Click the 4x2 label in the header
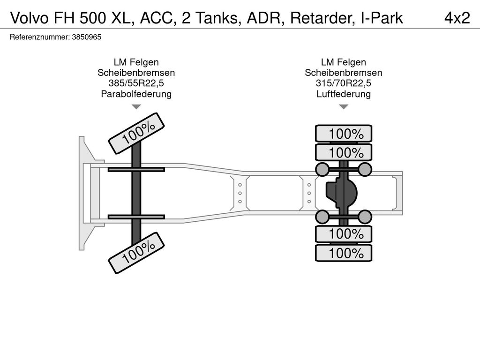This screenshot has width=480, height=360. pyautogui.click(x=457, y=18)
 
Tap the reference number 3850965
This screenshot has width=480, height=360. pyautogui.click(x=87, y=37)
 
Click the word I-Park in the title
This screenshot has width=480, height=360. pyautogui.click(x=382, y=18)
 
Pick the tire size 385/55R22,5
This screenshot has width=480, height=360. pyautogui.click(x=136, y=83)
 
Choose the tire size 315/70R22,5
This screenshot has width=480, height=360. pyautogui.click(x=344, y=83)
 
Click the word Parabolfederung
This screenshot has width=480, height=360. pyautogui.click(x=136, y=94)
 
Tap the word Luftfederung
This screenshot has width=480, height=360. pyautogui.click(x=344, y=94)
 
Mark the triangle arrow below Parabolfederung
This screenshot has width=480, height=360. pyautogui.click(x=136, y=106)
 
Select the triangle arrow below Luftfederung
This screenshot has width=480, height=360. pyautogui.click(x=344, y=106)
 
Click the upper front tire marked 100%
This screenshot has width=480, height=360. pyautogui.click(x=136, y=133)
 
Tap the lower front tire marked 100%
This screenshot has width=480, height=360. pyautogui.click(x=136, y=253)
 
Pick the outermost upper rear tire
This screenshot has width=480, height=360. pyautogui.click(x=344, y=134)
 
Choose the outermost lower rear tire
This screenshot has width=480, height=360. pyautogui.click(x=344, y=253)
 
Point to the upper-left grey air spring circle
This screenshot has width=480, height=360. pyautogui.click(x=322, y=169)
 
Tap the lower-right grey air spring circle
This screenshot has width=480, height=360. pyautogui.click(x=365, y=217)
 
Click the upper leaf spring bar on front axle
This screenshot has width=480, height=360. pyautogui.click(x=136, y=169)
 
